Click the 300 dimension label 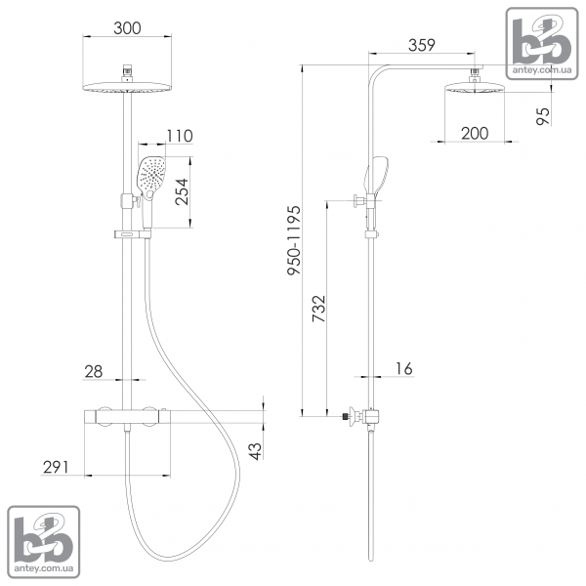click(127, 28)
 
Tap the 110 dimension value click(180, 136)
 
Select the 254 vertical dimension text click(182, 191)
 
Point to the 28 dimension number click(94, 371)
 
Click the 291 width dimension click(56, 467)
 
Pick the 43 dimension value click(255, 451)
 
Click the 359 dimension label click(422, 45)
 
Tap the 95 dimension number click(543, 116)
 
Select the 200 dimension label click(475, 134)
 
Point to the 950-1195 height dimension click(294, 240)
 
